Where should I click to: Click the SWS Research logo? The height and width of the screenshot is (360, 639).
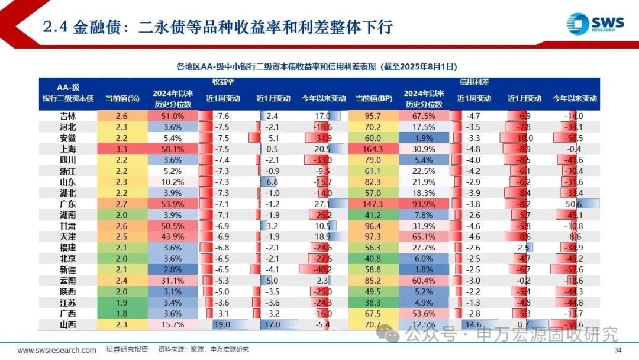595,24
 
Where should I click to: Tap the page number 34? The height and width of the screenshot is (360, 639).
618,350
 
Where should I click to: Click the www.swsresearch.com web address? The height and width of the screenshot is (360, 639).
57,350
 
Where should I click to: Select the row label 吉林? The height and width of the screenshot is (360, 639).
68,116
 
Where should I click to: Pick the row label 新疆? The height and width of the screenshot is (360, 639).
68,269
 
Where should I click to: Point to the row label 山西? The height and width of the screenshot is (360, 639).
68,324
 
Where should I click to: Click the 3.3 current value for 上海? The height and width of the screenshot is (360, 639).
122,149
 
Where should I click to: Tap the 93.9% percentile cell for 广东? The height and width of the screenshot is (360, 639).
423,204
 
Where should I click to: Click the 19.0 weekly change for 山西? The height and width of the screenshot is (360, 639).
223,324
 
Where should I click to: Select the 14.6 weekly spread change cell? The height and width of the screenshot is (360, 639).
473,324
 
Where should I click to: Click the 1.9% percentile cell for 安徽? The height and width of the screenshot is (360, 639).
423,138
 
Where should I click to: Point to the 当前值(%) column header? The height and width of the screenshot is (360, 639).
122,98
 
